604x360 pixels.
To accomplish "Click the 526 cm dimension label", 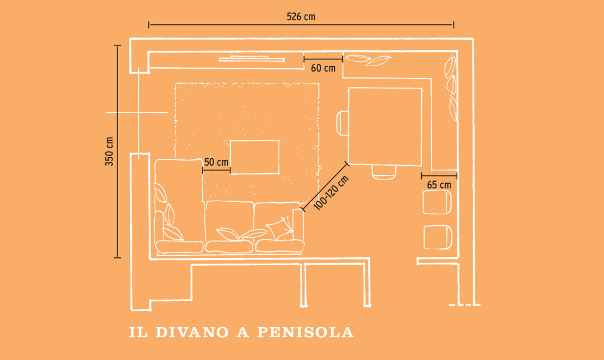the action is [x=301, y=16].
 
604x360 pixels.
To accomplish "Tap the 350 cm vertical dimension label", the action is [x=109, y=151].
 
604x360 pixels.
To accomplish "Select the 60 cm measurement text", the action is [x=323, y=68].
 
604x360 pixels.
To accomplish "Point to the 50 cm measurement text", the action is [x=216, y=162].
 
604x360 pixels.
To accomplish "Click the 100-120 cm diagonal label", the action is [x=331, y=193].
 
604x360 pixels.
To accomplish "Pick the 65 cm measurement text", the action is [x=439, y=185].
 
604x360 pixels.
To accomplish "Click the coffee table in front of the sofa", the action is [x=255, y=157].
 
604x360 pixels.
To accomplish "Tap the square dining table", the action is [x=385, y=127].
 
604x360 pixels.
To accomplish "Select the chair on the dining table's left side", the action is [x=342, y=123].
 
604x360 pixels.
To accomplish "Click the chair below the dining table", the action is [x=384, y=172].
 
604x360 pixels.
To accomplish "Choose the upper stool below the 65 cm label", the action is [x=437, y=202].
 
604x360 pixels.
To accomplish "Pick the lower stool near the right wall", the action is [x=438, y=238].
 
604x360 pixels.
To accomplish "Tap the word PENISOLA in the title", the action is [x=305, y=332].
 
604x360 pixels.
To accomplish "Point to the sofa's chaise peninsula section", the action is [x=179, y=205].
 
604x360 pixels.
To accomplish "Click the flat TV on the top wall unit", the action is [x=252, y=59].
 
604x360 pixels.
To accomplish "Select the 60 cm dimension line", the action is [x=323, y=59].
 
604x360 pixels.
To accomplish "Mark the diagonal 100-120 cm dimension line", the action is [x=325, y=187].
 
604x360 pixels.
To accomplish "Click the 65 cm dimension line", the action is [x=439, y=176].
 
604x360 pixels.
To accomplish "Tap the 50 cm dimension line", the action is [x=216, y=170].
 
